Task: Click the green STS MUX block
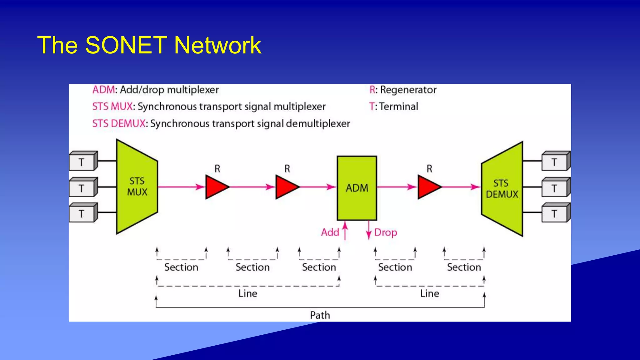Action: point(137,187)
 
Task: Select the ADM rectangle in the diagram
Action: point(357,188)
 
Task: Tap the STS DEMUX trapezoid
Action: point(502,188)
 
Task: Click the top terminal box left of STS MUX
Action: point(82,162)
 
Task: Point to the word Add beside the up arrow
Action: point(330,232)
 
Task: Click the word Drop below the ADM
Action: point(386,232)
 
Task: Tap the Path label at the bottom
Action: point(320,315)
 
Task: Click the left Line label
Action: point(247,293)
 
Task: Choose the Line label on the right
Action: point(429,293)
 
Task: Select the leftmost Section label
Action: point(181,267)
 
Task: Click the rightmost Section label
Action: point(464,267)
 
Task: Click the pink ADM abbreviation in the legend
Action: point(103,90)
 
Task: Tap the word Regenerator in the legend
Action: point(408,90)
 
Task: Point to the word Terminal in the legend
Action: point(398,107)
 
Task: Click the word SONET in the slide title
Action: point(126,45)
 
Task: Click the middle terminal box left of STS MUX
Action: point(82,188)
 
